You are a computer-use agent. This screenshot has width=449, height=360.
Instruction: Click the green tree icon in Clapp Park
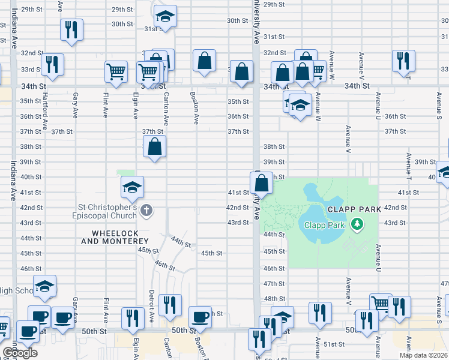click(x=358, y=224)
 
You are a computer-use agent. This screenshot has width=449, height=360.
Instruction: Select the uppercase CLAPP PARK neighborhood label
click(x=354, y=209)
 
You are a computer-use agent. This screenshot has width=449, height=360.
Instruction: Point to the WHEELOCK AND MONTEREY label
click(x=110, y=237)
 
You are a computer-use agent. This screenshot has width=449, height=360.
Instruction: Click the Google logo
click(x=19, y=352)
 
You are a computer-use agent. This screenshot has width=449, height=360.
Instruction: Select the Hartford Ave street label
click(x=45, y=114)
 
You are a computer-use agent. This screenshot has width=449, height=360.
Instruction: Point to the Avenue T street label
click(x=408, y=167)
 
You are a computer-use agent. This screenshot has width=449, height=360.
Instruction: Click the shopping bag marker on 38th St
click(x=155, y=146)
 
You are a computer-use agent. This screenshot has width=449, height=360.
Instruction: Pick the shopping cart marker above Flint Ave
click(x=116, y=71)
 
